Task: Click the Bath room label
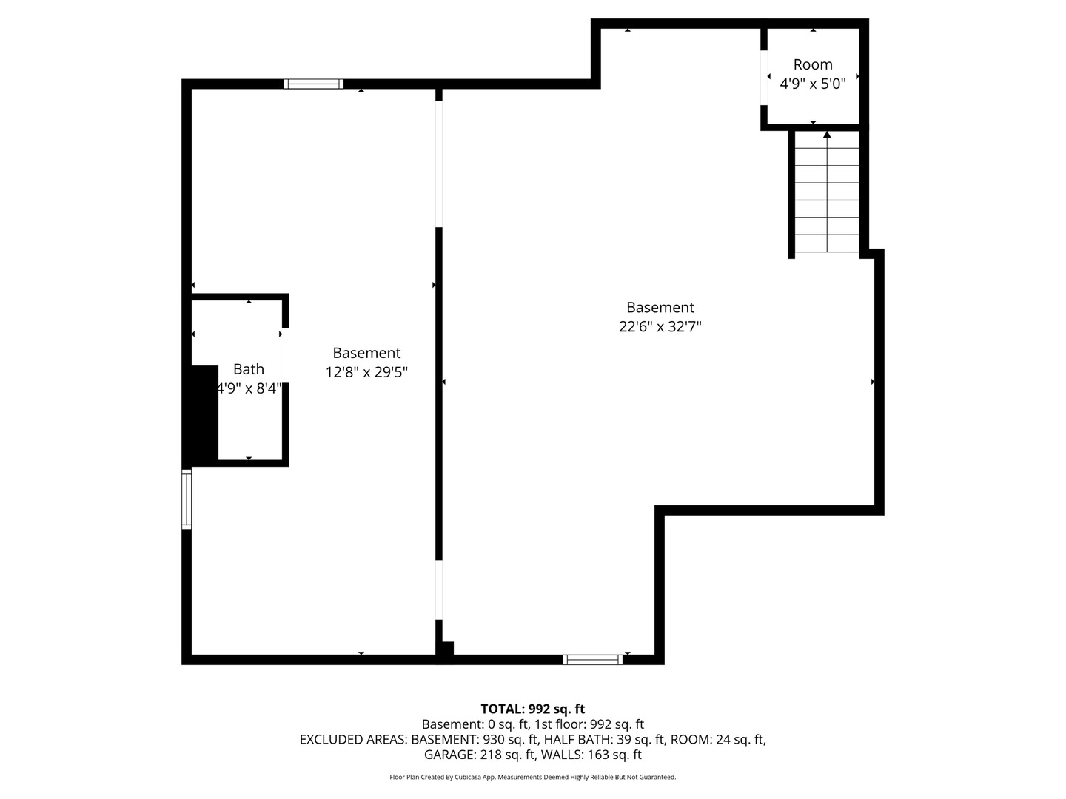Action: click(x=248, y=369)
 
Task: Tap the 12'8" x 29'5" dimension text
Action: click(x=366, y=372)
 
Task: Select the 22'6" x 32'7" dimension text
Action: click(x=660, y=326)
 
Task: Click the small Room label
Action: click(x=813, y=64)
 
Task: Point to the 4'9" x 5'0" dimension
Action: click(x=813, y=84)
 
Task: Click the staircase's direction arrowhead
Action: click(x=827, y=135)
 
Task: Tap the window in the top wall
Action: click(x=313, y=84)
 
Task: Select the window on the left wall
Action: click(x=187, y=498)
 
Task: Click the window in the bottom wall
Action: click(x=592, y=660)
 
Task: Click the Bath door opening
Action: click(x=286, y=356)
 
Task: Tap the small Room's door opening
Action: click(x=764, y=78)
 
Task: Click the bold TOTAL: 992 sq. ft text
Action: click(x=533, y=709)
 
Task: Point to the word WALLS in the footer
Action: click(x=562, y=755)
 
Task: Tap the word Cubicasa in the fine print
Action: click(x=466, y=777)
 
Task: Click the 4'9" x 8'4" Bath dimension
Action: click(x=249, y=388)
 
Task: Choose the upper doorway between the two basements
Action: click(x=438, y=164)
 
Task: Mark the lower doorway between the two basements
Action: click(x=438, y=590)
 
